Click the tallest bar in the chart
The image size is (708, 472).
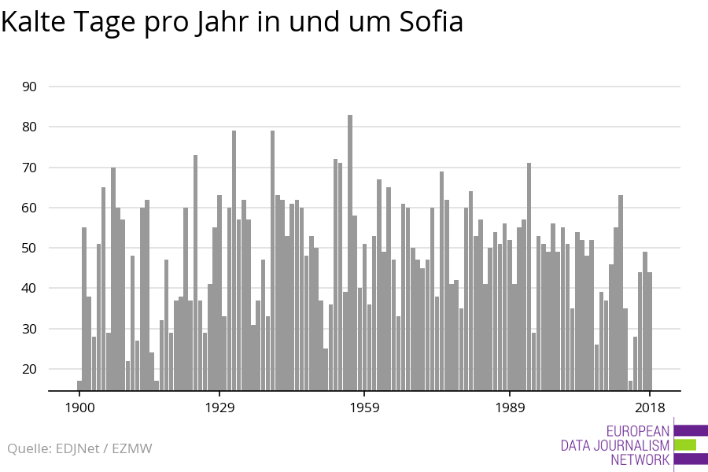[x=350, y=252]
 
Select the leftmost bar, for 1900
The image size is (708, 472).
[x=79, y=385]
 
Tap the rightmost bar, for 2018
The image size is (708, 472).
[x=650, y=330]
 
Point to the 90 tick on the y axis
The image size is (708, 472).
[x=29, y=87]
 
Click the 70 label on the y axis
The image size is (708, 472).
[x=29, y=168]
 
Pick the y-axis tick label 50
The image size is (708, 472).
[x=29, y=248]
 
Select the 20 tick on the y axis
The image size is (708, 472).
[x=29, y=369]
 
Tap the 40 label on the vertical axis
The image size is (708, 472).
[x=29, y=288]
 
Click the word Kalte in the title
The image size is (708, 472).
[x=34, y=23]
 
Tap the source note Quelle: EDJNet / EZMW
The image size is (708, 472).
[x=79, y=448]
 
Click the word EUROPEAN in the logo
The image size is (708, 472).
[x=638, y=431]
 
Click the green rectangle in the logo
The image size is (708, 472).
[x=685, y=444]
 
